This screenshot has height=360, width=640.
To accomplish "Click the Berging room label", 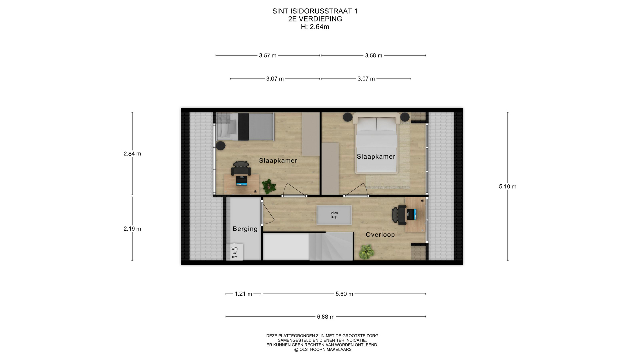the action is [245, 229].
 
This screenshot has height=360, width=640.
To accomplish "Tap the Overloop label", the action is [380, 235].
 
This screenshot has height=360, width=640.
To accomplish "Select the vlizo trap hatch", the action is [334, 215].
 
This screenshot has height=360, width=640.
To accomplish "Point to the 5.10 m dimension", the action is [507, 187].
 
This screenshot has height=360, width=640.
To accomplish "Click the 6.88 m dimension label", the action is [326, 317].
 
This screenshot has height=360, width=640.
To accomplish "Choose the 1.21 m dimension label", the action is [243, 294].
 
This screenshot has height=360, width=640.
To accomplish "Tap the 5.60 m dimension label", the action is [344, 294].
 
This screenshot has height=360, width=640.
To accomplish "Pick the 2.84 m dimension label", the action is [132, 154].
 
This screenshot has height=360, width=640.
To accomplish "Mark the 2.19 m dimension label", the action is [132, 229].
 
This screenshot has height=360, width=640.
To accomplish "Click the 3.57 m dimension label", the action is [268, 56].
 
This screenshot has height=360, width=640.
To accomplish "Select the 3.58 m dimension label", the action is [374, 56].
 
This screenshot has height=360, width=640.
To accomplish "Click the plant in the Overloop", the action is [366, 252].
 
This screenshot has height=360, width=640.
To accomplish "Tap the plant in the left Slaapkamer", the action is [269, 187].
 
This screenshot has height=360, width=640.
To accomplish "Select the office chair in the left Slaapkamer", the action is [241, 168].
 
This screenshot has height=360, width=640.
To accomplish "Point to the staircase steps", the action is [331, 246].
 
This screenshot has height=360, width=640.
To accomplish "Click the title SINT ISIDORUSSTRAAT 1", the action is [315, 11].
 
